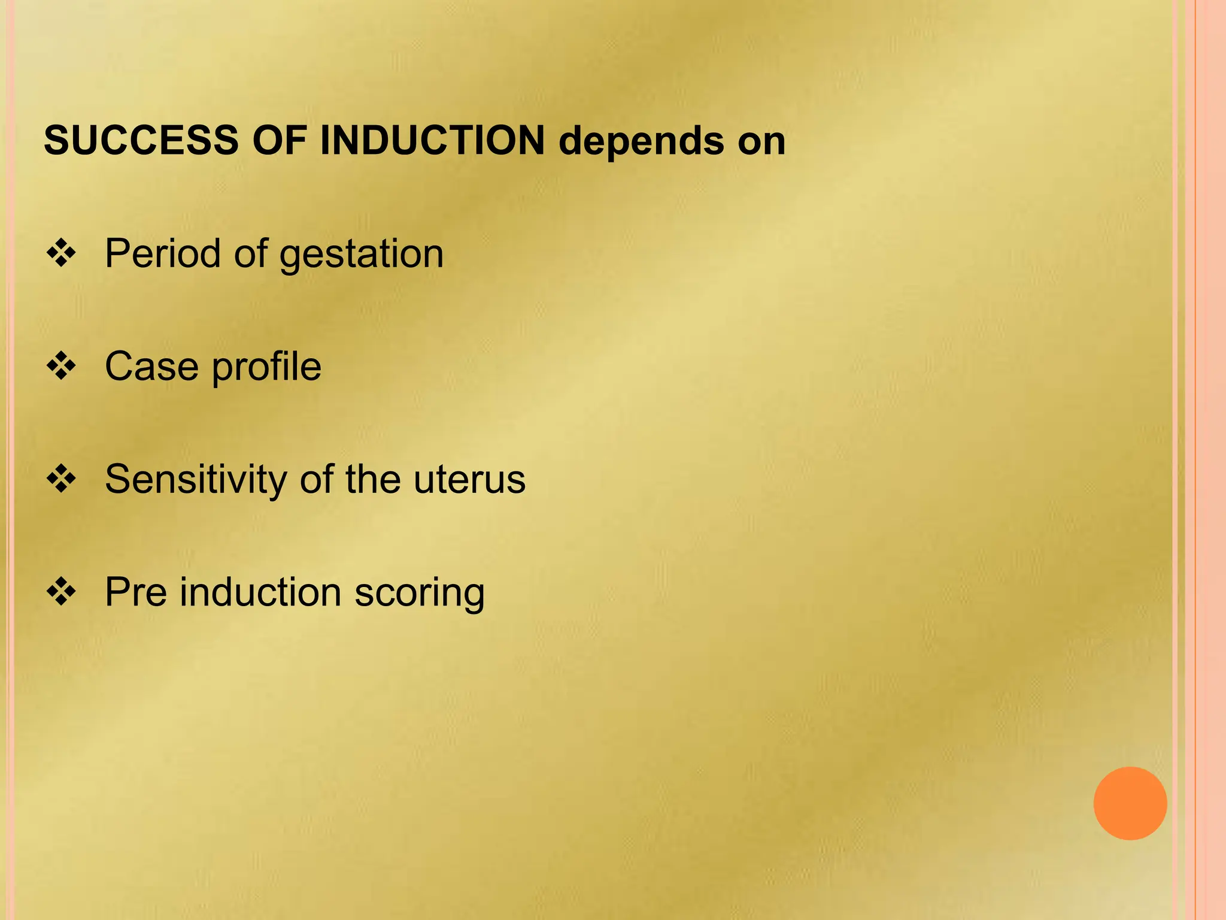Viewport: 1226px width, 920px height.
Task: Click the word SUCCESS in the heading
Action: (x=141, y=141)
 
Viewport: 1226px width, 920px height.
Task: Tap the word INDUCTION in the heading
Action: (x=432, y=141)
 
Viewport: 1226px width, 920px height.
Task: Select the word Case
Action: (x=151, y=366)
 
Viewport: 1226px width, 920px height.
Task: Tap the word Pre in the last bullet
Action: (x=136, y=592)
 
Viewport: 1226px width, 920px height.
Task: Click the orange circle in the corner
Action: (x=1130, y=803)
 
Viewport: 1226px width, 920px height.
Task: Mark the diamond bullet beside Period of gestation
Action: (x=61, y=253)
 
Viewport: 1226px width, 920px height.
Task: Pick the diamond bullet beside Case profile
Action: (x=61, y=366)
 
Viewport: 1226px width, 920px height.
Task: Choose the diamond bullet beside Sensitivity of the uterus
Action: (x=61, y=479)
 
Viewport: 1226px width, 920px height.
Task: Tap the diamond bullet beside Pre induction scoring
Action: (x=61, y=592)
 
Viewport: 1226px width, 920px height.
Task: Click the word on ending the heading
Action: (x=761, y=142)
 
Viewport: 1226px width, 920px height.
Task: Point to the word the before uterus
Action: (x=372, y=480)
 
